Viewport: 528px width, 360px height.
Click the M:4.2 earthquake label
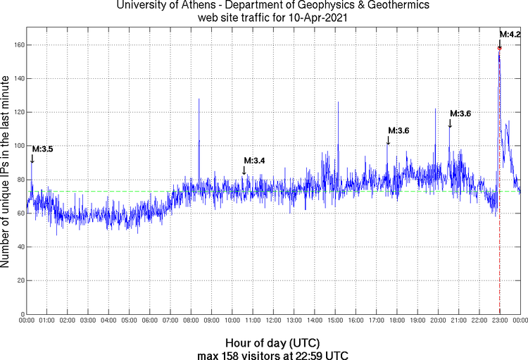[x=510, y=35]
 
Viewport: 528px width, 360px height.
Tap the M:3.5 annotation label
[x=42, y=149]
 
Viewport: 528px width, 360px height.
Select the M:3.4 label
[x=254, y=161]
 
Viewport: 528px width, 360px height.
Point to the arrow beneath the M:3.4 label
[x=244, y=170]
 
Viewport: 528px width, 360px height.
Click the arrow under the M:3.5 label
[x=32, y=159]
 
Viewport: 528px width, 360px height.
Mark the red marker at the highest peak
[x=499, y=49]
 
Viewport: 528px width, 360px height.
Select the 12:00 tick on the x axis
[x=273, y=321]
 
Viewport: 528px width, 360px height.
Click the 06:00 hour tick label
[x=150, y=321]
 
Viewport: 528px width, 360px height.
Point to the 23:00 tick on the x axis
[x=500, y=321]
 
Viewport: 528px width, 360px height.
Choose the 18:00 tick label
[x=397, y=321]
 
